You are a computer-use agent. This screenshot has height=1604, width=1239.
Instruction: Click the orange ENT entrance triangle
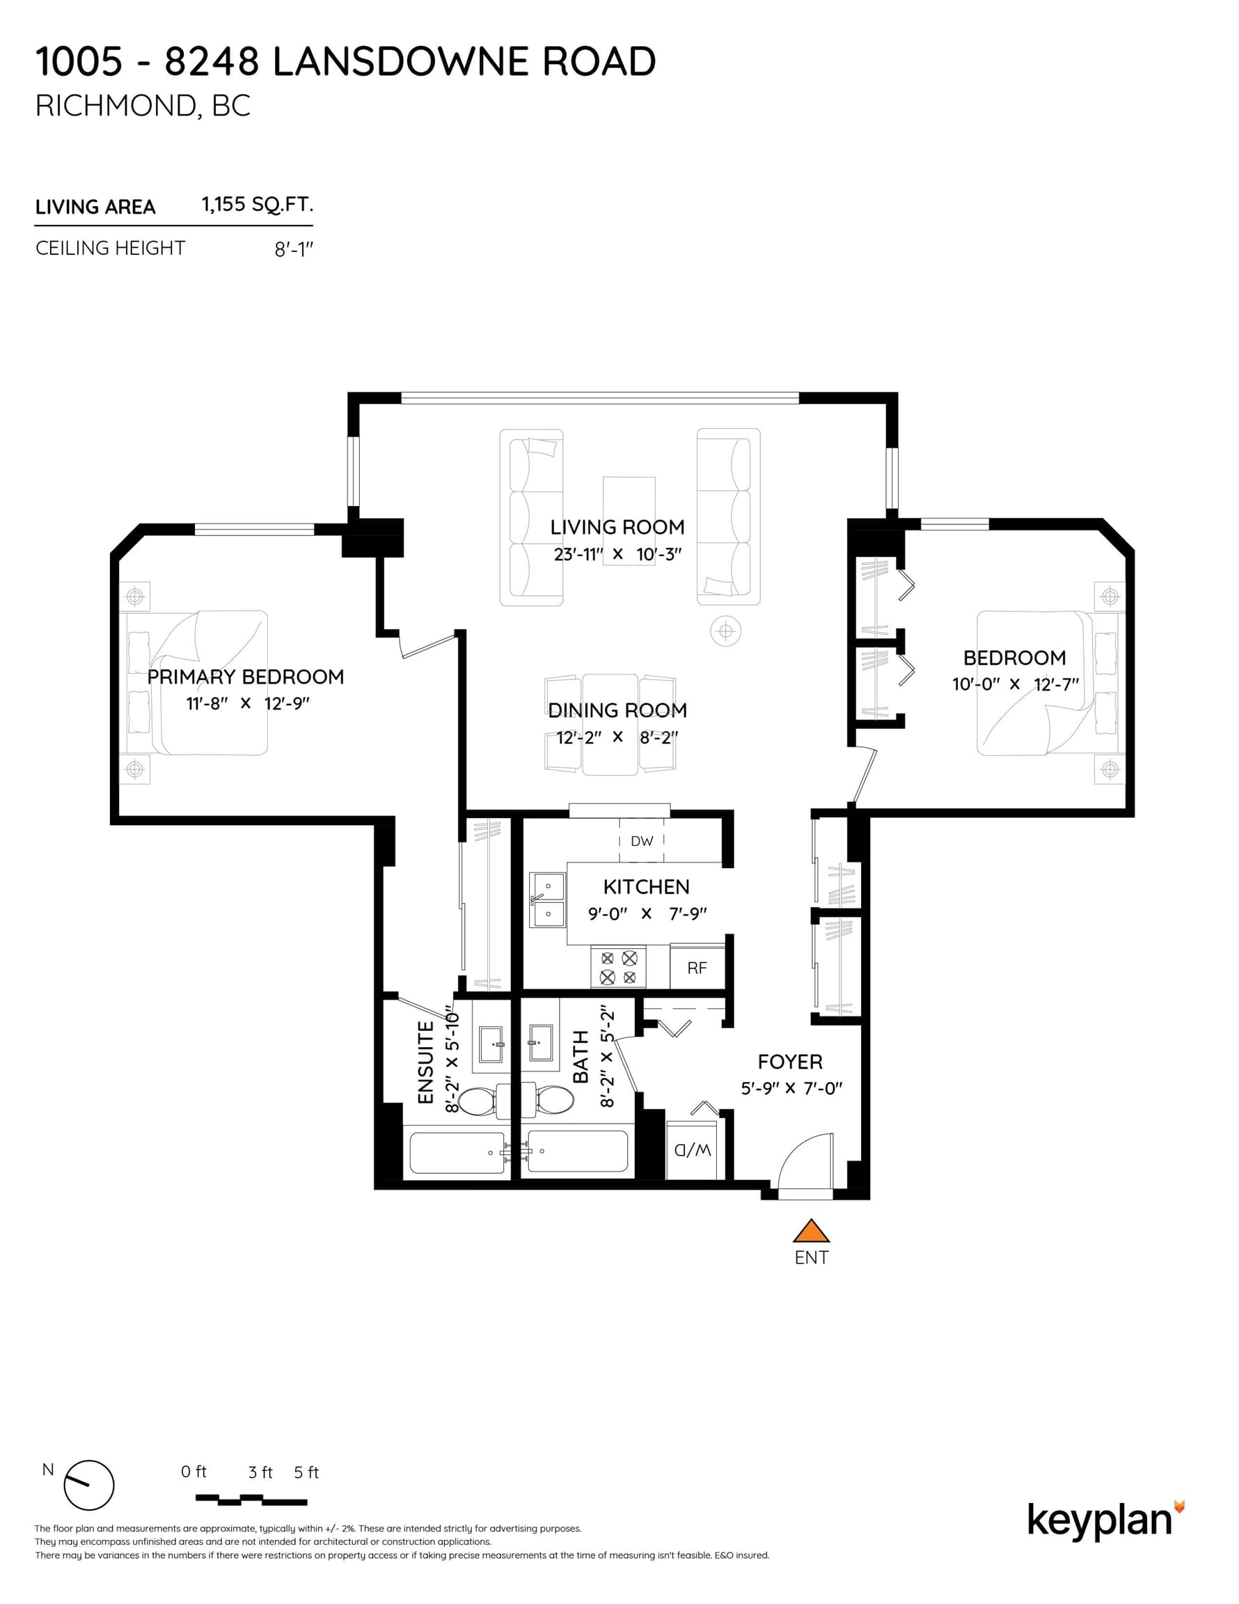click(811, 1231)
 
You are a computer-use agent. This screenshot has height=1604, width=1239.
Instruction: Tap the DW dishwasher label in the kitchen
click(641, 841)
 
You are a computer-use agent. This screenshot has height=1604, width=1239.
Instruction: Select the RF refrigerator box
click(697, 966)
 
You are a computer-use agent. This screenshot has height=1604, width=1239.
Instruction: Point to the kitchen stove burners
click(618, 967)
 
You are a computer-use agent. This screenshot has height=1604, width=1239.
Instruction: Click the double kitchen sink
click(548, 899)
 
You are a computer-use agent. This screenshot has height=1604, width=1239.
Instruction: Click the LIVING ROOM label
click(617, 527)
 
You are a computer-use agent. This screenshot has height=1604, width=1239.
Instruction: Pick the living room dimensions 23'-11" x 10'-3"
click(617, 554)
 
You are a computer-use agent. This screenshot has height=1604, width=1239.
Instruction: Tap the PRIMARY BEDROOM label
click(245, 677)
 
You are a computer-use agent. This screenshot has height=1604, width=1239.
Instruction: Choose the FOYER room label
click(790, 1061)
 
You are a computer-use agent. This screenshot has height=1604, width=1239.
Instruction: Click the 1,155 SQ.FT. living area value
click(258, 204)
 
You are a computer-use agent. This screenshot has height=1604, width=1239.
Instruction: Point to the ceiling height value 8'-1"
click(294, 250)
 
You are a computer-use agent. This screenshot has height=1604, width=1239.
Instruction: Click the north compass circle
click(89, 1485)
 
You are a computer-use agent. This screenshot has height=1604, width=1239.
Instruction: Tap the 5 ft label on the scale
click(306, 1472)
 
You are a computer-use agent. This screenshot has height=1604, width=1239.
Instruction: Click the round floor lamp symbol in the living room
click(725, 631)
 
